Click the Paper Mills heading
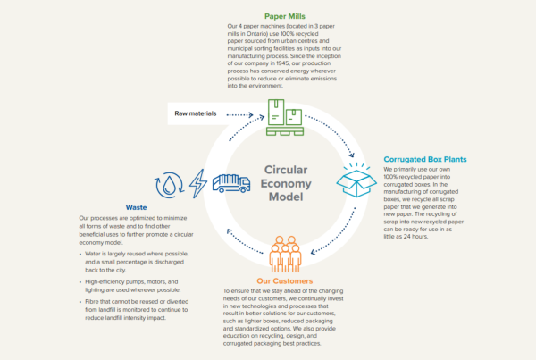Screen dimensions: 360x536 [x=287, y=16]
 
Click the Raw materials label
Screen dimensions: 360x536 [x=195, y=113]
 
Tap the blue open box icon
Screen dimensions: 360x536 [x=356, y=180]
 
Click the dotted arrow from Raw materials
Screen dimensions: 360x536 [x=244, y=114]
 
